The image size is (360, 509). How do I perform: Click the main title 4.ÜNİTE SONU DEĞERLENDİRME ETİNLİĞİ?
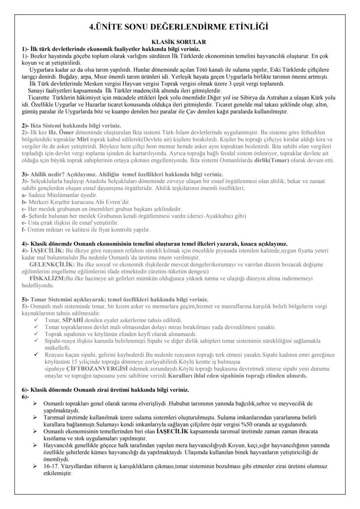coord(180,27)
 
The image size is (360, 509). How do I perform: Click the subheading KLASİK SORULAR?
coord(180,42)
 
